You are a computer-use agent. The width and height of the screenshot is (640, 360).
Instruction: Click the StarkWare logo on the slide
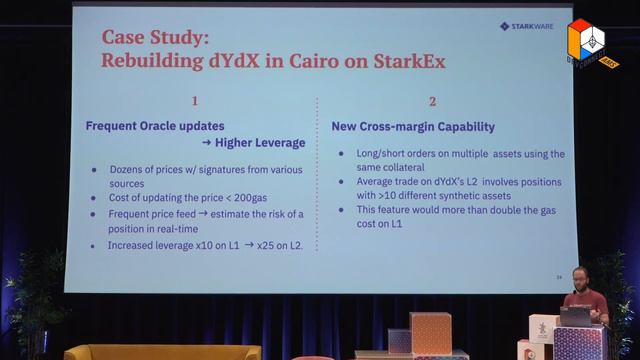(526, 27)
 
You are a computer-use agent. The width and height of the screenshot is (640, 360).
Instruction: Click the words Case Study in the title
(150, 37)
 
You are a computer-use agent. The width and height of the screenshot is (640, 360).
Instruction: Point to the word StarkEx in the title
(402, 60)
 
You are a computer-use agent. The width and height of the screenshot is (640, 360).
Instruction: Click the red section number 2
(433, 101)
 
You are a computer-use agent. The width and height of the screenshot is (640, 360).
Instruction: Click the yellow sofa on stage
(160, 352)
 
